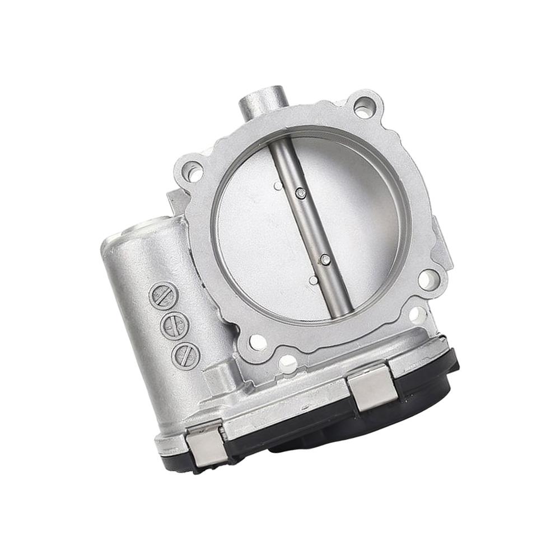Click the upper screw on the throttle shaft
tap(301, 193)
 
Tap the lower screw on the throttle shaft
tap(325, 259)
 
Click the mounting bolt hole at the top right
tap(363, 107)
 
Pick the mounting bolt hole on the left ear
tap(193, 171)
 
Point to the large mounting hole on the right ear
tap(428, 278)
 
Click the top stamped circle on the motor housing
tap(163, 296)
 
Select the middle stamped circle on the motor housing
tap(174, 325)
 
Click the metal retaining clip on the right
tap(372, 387)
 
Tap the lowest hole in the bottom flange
tap(287, 363)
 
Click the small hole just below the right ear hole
tap(417, 315)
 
